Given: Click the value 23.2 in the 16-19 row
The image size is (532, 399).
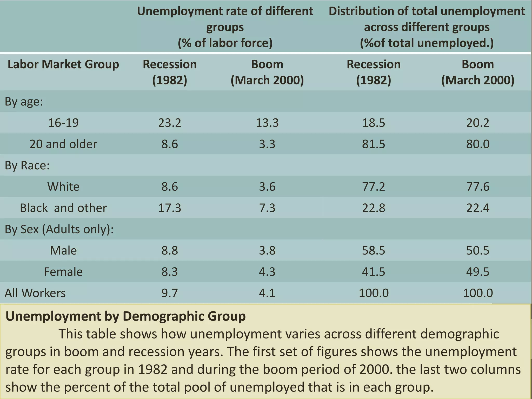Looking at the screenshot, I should coord(170,123).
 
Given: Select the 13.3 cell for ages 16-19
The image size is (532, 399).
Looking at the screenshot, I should coord(267,123).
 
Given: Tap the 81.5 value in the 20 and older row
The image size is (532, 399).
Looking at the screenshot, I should coord(374,144).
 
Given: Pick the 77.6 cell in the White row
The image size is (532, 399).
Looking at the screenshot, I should coord(477,187).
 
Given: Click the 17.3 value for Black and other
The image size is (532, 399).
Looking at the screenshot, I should coord(170,208).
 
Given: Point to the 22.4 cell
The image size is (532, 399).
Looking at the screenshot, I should coord(477,208).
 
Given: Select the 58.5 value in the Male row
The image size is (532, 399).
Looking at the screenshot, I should coord(374,250).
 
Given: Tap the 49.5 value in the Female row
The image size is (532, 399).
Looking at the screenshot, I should coord(477,272).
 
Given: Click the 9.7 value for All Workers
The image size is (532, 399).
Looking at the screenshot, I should coord(170,293).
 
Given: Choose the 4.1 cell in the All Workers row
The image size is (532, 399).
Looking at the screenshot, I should coord(267,293).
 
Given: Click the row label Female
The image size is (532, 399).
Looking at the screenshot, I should coord(63,272).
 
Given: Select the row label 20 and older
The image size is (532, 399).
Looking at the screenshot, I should coord(63,144).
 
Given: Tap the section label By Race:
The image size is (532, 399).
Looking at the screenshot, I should coord(27,165).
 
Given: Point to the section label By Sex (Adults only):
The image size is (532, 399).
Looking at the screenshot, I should coord(59,229).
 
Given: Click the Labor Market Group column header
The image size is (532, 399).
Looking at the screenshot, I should coord(63,64).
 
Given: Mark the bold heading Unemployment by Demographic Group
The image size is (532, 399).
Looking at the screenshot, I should coord(125,316).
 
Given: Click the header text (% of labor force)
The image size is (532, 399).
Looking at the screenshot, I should coord(225,43).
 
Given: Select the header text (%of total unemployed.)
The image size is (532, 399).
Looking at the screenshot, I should coord(427,43).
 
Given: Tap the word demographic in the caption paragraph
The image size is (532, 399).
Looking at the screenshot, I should coord(460,334).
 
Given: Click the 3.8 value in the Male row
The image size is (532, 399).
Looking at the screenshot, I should coord(267,250).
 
